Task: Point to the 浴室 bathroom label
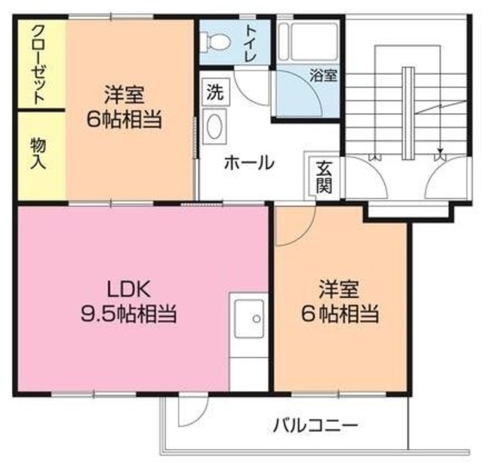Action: click(x=323, y=76)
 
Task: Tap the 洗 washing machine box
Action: click(x=214, y=94)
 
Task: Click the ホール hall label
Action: click(x=248, y=162)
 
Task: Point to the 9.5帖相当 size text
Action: click(x=128, y=313)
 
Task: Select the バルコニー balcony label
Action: click(x=315, y=425)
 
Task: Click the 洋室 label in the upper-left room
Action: click(x=124, y=95)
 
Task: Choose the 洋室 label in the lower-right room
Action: click(x=338, y=288)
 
